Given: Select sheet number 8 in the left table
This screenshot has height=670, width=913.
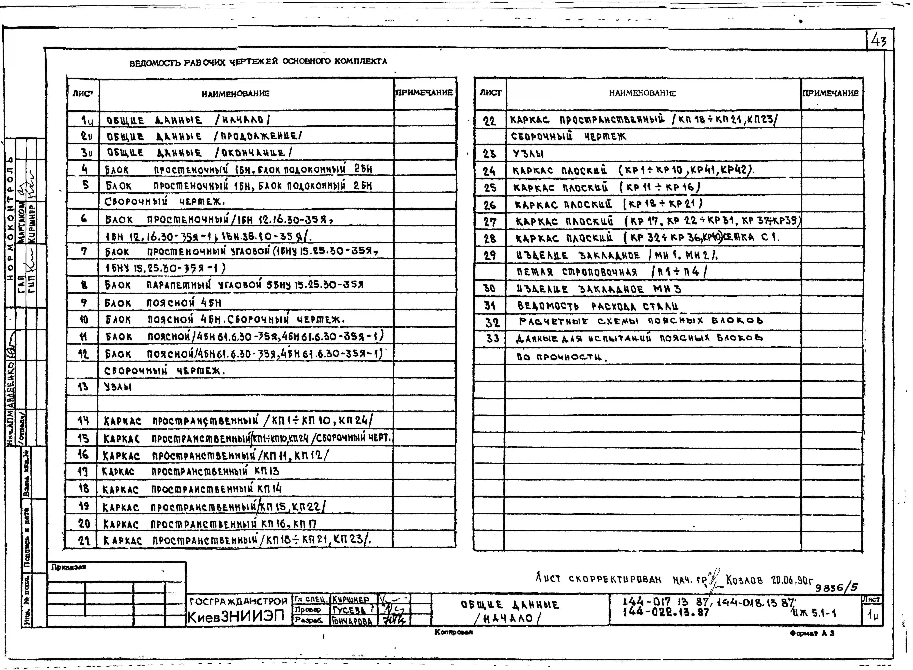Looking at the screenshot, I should (84, 285).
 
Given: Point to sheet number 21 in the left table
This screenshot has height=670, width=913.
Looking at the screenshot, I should (84, 540).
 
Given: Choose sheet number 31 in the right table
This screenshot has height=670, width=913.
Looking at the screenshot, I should (490, 305).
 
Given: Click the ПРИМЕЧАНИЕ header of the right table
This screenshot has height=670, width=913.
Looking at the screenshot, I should (831, 93).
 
